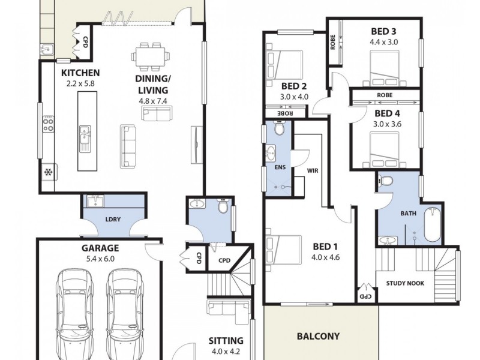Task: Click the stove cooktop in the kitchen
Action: (x=48, y=125)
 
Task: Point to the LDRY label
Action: (x=113, y=219)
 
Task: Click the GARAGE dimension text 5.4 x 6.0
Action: (x=100, y=259)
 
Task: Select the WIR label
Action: (x=312, y=171)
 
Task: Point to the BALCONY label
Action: (x=318, y=337)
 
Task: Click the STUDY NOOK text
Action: (x=405, y=283)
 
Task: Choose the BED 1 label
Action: (x=326, y=246)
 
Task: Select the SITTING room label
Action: (x=226, y=340)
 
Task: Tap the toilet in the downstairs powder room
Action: (x=223, y=208)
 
